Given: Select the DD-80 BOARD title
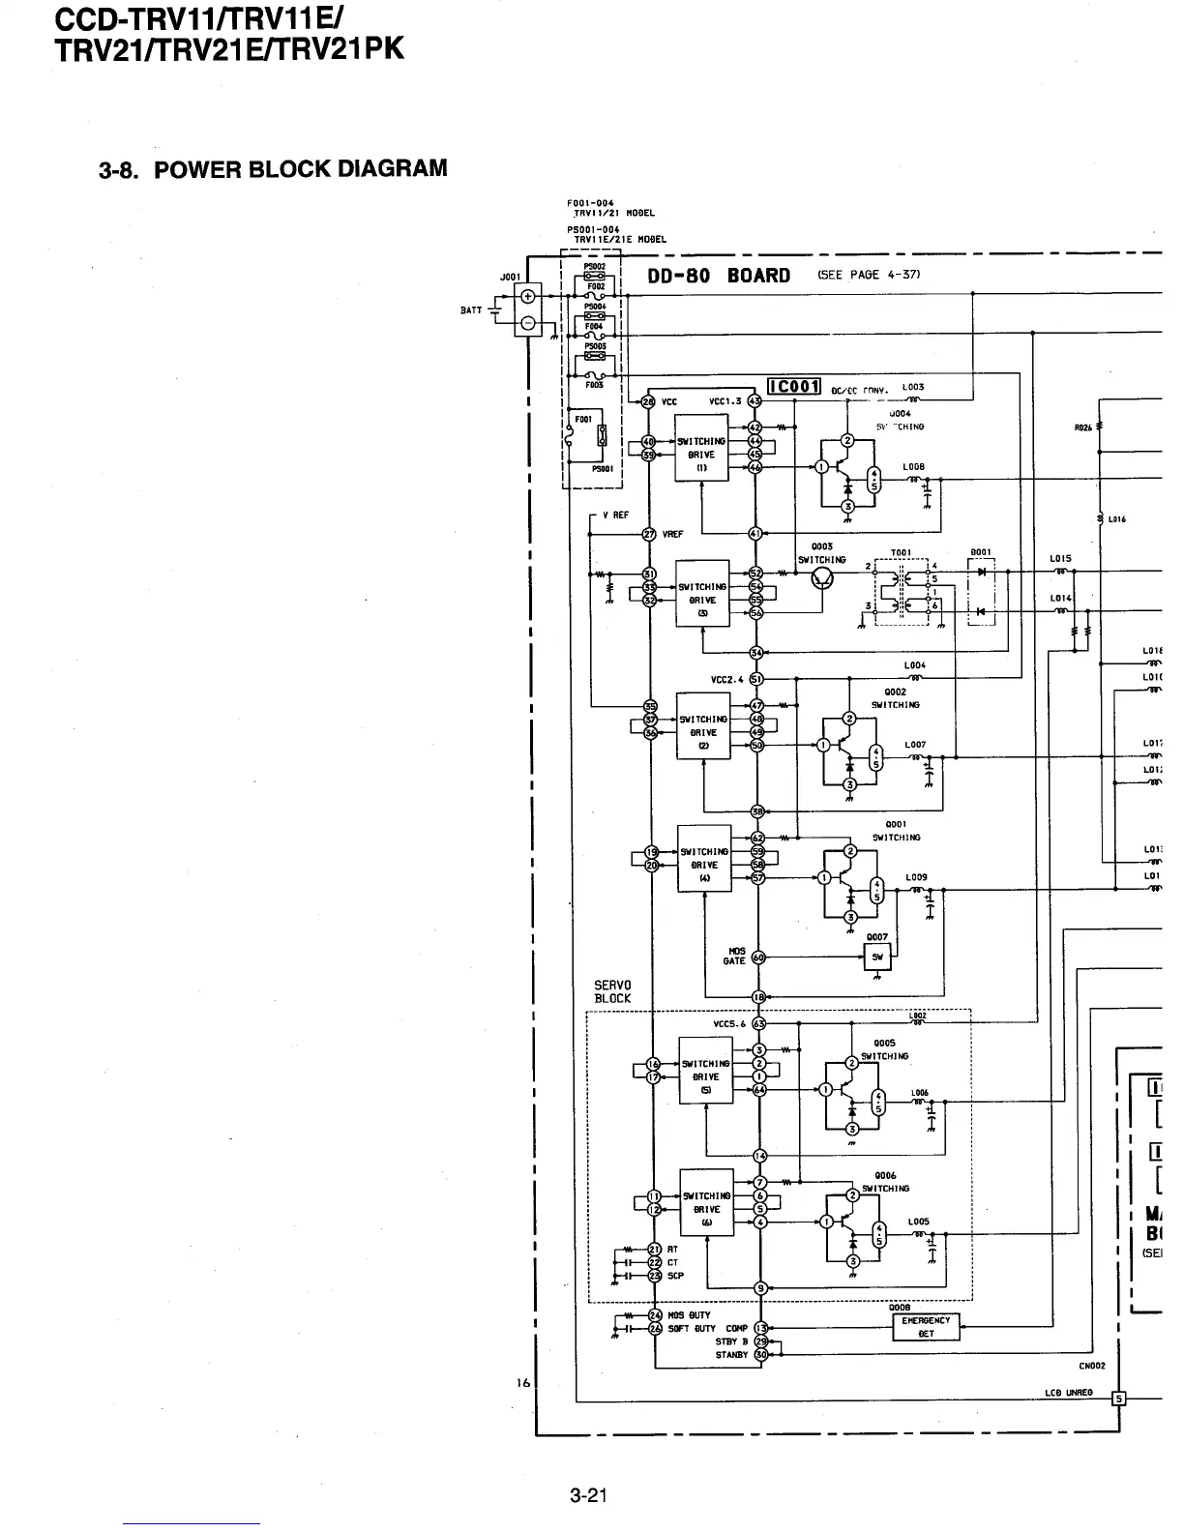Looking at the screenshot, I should pos(719,276).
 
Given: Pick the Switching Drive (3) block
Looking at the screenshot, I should pos(702,593).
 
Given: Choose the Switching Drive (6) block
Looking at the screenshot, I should pos(707,1209).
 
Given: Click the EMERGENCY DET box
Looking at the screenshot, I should pos(926,1327).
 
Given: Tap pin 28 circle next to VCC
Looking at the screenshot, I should pos(648,400).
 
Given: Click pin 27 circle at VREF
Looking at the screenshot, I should pos(649,533).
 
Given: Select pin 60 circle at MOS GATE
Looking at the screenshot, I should pos(759,957).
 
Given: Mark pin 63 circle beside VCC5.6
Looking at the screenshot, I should pos(759,1023).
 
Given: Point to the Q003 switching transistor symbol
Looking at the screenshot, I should pos(823,577).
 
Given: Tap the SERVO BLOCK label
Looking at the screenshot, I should pos(612,991).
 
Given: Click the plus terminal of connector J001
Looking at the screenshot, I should pos(528,296).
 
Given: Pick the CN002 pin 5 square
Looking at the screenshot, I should pos(1119,1398).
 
